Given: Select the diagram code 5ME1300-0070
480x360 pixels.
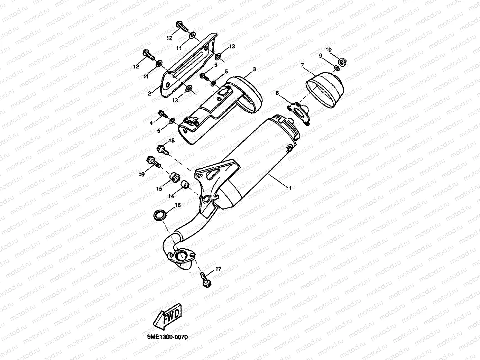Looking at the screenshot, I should (x=165, y=337).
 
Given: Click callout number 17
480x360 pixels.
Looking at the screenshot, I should (x=218, y=269).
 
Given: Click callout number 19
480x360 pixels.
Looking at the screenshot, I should (x=141, y=175).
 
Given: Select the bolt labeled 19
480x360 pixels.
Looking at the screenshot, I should (x=153, y=161).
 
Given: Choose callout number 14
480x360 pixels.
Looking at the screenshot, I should (x=171, y=196).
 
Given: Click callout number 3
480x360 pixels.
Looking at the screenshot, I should (x=254, y=69).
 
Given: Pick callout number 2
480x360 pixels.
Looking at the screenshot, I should (x=149, y=93).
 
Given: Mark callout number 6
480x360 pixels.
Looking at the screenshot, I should (x=215, y=65).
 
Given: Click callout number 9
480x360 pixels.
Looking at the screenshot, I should (x=321, y=55).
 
